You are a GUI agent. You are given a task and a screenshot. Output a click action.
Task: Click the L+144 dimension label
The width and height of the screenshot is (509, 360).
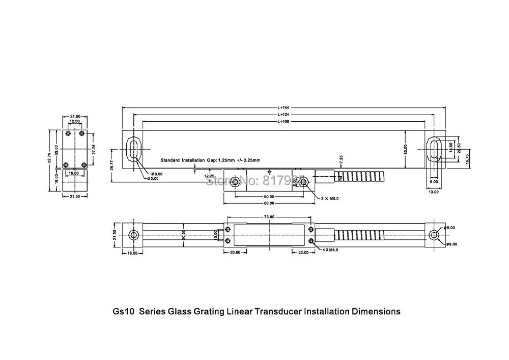pos(284,108)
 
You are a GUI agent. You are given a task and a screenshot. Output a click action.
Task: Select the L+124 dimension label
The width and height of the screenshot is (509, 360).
pos(284,115)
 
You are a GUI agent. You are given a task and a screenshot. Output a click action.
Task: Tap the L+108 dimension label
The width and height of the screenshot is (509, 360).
pos(284,122)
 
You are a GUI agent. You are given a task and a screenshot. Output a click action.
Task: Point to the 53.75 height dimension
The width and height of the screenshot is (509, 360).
pos(49,161)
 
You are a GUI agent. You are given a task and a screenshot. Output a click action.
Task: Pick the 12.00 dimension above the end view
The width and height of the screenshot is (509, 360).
pos(75,122)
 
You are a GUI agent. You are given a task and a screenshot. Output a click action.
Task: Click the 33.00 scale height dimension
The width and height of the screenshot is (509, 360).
pos(406,150)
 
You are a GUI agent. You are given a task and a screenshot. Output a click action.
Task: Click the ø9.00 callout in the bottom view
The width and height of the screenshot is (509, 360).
pos(451,244)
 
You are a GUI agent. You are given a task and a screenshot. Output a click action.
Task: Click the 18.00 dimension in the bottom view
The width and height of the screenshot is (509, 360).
pos(132,253)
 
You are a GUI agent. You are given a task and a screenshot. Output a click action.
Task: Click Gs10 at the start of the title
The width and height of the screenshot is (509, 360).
pos(122,311)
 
